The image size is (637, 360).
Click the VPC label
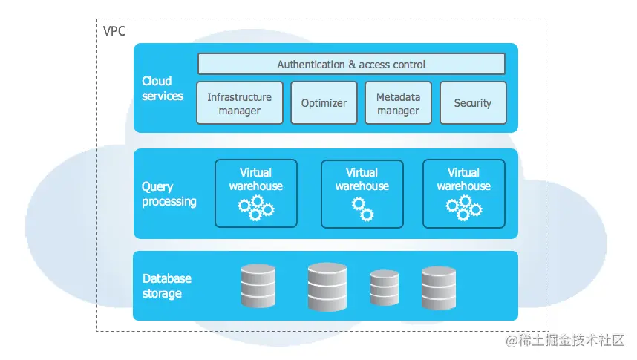click(114, 31)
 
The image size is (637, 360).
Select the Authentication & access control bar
click(351, 65)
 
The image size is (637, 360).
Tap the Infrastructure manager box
click(239, 103)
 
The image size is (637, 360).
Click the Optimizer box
click(324, 103)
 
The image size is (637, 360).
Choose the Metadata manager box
click(398, 103)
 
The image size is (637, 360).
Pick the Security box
click(473, 103)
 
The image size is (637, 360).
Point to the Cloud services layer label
click(162, 88)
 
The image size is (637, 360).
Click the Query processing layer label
click(169, 194)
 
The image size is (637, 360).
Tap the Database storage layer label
click(166, 286)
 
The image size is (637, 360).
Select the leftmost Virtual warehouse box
click(255, 193)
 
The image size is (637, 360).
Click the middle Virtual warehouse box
click(362, 193)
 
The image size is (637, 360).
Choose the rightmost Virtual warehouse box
click(463, 193)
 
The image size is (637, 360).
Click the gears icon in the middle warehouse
click(362, 209)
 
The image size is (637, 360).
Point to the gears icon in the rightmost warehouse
click(464, 208)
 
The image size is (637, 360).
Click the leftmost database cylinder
click(258, 287)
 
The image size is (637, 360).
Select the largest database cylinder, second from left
click(327, 287)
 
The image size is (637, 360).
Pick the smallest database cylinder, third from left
click(385, 289)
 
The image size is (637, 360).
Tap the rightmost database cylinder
click(438, 288)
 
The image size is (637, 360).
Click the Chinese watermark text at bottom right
click(566, 340)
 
